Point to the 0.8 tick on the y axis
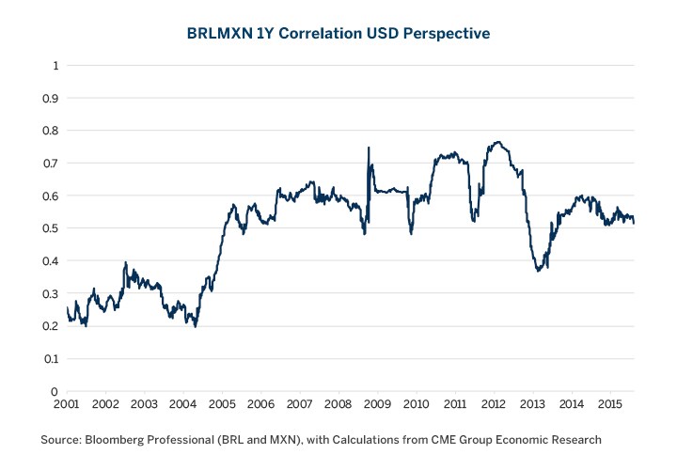coord(54,131)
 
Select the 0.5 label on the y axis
coord(54,228)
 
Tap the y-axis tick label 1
coord(56,66)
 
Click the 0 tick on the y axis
coord(56,391)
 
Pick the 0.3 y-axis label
coord(54,293)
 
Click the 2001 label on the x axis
coord(67,405)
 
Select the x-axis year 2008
coord(338,405)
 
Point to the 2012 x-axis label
coord(494,405)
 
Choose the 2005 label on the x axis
coord(222,405)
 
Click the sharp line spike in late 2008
coord(368,148)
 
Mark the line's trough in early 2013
coord(538,271)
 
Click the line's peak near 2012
coord(497,142)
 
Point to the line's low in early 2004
coord(196,326)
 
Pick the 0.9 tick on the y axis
coord(54,98)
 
